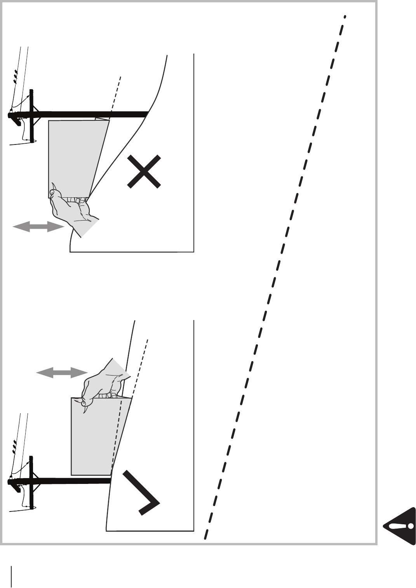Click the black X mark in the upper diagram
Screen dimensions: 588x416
pyautogui.click(x=144, y=171)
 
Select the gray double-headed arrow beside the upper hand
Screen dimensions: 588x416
pyautogui.click(x=38, y=227)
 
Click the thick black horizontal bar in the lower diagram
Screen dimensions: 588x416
pyautogui.click(x=70, y=481)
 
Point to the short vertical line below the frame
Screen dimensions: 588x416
pyautogui.click(x=12, y=576)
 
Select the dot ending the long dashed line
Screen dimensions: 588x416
pyautogui.click(x=345, y=16)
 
